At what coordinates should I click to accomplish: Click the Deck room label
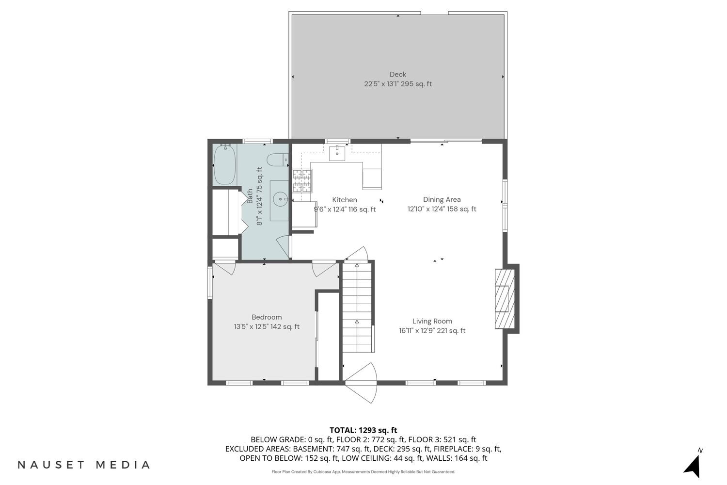click(x=397, y=74)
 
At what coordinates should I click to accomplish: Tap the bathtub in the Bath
click(x=224, y=165)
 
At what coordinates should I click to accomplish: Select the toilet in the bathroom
click(x=278, y=160)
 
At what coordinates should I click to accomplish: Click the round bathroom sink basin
click(x=280, y=199)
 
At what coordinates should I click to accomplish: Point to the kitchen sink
click(x=337, y=153)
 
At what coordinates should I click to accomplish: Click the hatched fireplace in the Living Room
click(x=505, y=299)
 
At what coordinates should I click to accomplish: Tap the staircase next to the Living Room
click(x=357, y=307)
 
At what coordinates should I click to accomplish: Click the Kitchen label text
click(x=344, y=200)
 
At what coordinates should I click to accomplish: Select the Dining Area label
click(x=442, y=199)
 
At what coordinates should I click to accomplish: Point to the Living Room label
click(x=432, y=321)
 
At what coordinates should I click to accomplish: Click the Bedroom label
click(x=267, y=317)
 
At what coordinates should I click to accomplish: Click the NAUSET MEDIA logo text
click(x=84, y=465)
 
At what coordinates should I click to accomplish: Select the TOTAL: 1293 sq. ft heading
click(x=363, y=430)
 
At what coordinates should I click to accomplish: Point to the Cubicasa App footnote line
click(x=363, y=472)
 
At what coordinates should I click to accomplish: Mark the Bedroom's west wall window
click(x=210, y=282)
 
